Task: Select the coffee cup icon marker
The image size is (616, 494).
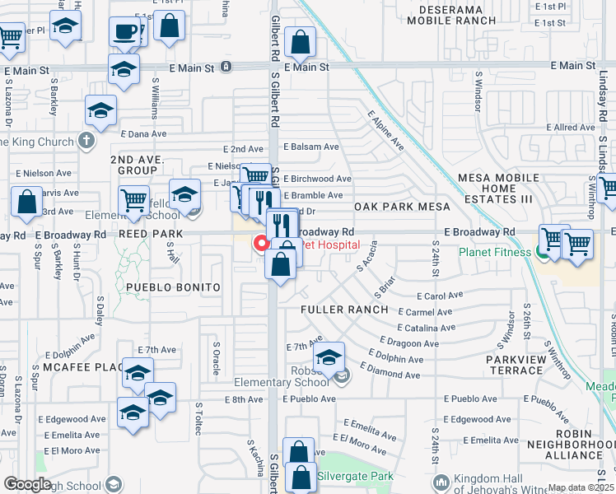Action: tap(125, 33)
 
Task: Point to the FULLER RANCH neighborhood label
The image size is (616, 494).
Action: tap(344, 310)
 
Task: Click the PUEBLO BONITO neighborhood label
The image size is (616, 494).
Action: tap(173, 287)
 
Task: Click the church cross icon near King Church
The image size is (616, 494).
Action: tap(86, 141)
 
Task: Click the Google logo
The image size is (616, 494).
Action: tap(26, 484)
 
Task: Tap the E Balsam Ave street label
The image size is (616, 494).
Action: tap(311, 147)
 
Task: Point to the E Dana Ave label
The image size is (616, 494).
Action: tap(143, 133)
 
